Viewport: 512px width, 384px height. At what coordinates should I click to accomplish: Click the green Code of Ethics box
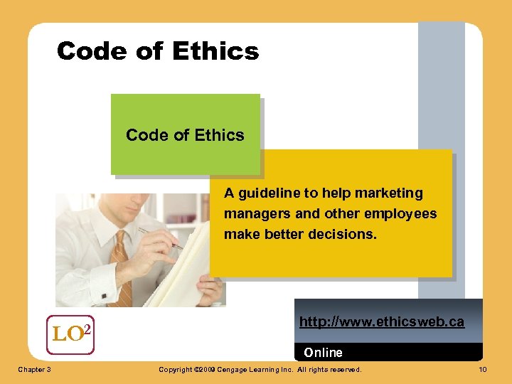coord(185,134)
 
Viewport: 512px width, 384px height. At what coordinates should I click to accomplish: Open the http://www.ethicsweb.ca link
coord(381,322)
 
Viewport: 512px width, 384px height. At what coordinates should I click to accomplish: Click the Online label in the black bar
coord(323,353)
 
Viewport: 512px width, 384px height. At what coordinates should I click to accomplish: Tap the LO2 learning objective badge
coord(70,334)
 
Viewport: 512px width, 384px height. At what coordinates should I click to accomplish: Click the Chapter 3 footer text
coord(33,370)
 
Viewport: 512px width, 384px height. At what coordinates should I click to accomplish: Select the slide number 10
coord(482,370)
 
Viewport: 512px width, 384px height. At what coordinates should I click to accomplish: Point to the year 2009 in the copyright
coord(206,370)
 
